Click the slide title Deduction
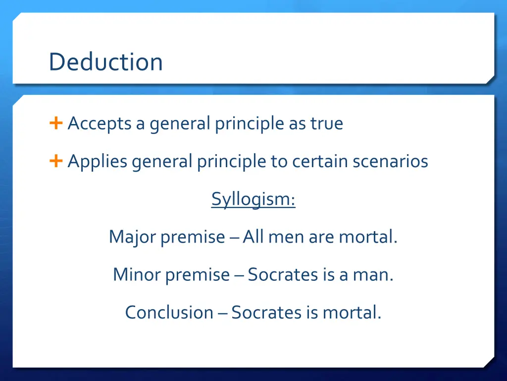pyautogui.click(x=105, y=63)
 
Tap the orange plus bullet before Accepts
pyautogui.click(x=56, y=123)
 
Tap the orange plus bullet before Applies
pyautogui.click(x=56, y=161)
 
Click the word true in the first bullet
pyautogui.click(x=326, y=124)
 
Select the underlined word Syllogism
pyautogui.click(x=253, y=199)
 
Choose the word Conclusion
pyautogui.click(x=169, y=312)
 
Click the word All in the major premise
pyautogui.click(x=253, y=237)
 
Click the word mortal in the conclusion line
pyautogui.click(x=351, y=312)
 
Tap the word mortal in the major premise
pyautogui.click(x=367, y=237)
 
